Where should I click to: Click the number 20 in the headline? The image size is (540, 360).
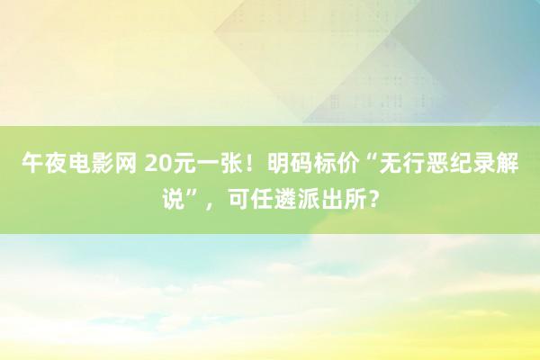[x=157, y=164]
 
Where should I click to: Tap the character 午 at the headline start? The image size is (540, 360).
[x=32, y=163]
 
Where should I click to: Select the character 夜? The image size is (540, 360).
[x=56, y=163]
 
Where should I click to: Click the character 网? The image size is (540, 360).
[x=125, y=163]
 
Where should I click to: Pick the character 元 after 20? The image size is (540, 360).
[x=182, y=163]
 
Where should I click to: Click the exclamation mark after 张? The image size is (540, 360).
[x=245, y=164]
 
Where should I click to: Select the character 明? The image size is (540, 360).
[x=278, y=163]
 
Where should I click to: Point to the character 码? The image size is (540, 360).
[x=301, y=163]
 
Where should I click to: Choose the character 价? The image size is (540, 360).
[x=347, y=163]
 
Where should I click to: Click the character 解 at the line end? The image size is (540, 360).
[x=507, y=163]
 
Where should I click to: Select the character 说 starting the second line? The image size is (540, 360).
[x=174, y=199]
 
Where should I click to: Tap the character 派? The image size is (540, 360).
[x=308, y=199]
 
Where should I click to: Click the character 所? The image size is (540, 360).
[x=355, y=199]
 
